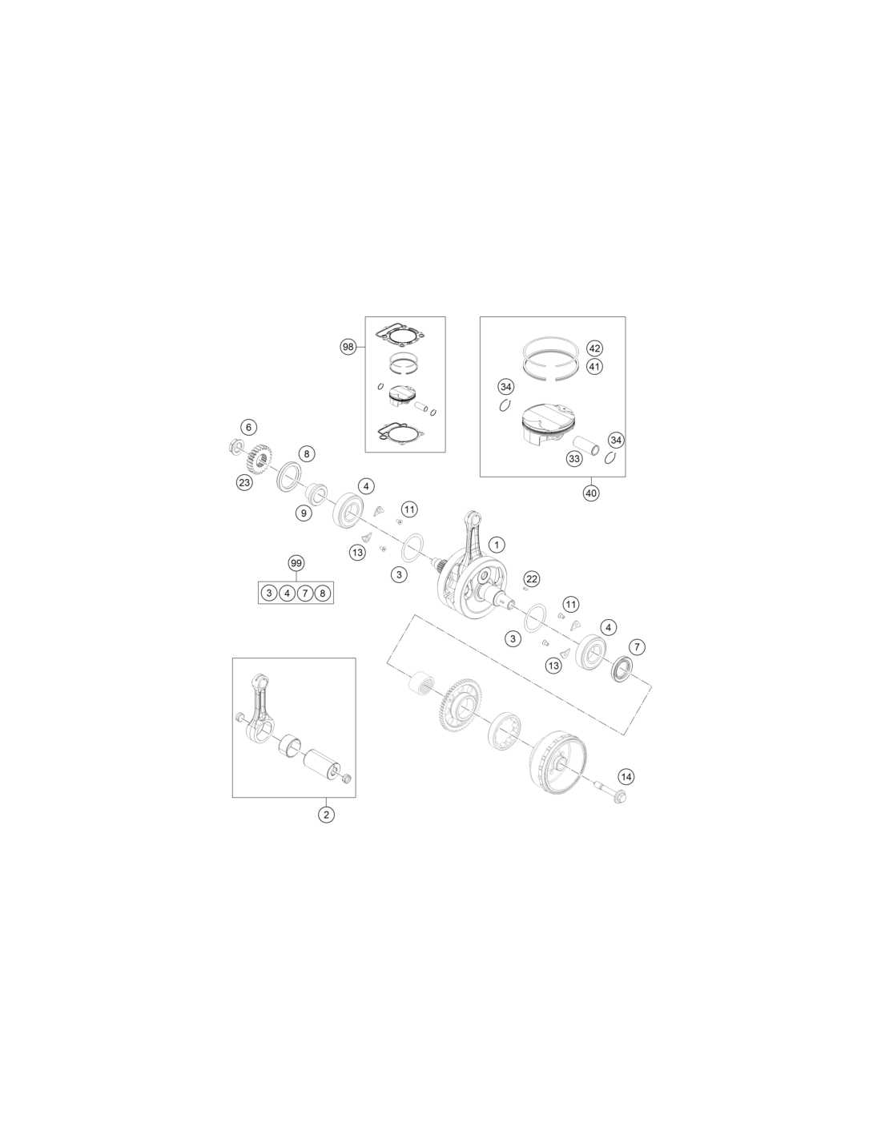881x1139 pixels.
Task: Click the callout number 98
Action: [x=348, y=347]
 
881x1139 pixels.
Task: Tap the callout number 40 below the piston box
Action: [x=590, y=493]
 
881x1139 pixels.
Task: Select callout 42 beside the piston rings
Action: [x=594, y=348]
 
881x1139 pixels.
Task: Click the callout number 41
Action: [x=594, y=366]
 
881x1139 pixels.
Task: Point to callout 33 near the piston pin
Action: [x=574, y=459]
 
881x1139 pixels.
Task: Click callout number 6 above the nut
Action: [x=248, y=427]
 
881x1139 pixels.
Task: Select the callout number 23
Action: [x=244, y=483]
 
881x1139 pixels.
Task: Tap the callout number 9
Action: [x=304, y=513]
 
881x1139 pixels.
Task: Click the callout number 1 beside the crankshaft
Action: [x=497, y=545]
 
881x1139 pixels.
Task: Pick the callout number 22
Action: [x=532, y=579]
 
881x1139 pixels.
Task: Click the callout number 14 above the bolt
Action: [x=626, y=776]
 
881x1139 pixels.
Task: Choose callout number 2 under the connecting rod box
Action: [x=326, y=815]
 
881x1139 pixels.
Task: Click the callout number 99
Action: [x=296, y=563]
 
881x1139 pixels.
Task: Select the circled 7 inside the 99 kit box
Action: [x=305, y=594]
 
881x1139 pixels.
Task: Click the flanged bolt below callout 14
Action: [x=611, y=794]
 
